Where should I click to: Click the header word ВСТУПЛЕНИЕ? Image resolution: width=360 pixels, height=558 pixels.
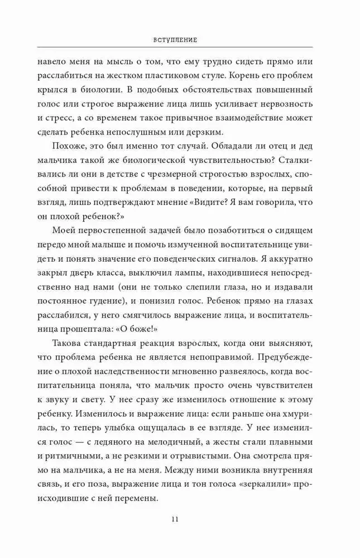180,41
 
